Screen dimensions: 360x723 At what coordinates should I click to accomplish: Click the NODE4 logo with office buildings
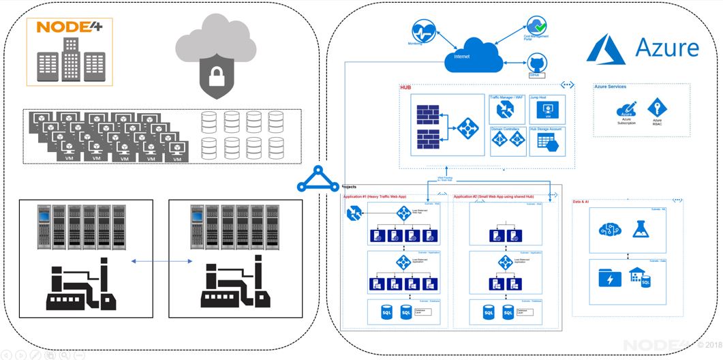[x=70, y=52]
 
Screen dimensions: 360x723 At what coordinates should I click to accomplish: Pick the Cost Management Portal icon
[x=537, y=27]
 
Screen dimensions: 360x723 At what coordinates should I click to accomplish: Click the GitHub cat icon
[x=535, y=64]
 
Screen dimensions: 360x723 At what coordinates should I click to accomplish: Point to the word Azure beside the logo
[x=666, y=48]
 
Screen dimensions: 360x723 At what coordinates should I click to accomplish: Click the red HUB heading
[x=405, y=87]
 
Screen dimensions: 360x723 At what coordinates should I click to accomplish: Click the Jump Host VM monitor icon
[x=547, y=110]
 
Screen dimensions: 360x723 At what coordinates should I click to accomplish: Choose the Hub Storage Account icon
[x=547, y=141]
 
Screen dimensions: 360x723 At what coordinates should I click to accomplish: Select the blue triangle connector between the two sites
[x=318, y=180]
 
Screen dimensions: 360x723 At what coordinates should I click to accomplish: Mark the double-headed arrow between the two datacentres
[x=161, y=261]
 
